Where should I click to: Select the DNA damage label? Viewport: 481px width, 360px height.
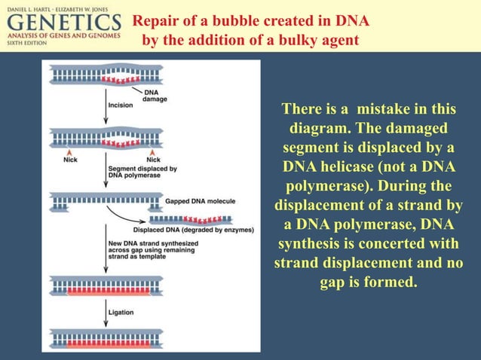coord(155,95)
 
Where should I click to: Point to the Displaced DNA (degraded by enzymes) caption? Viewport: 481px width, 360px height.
coord(193,229)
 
